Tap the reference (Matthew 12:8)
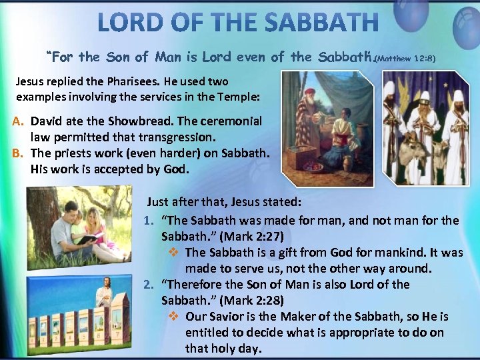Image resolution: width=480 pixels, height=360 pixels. pos(405,59)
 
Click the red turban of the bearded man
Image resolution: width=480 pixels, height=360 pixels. pos(308,87)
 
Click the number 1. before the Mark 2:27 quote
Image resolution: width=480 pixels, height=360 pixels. pos(149,220)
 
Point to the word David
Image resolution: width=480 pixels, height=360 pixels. pos(46,122)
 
